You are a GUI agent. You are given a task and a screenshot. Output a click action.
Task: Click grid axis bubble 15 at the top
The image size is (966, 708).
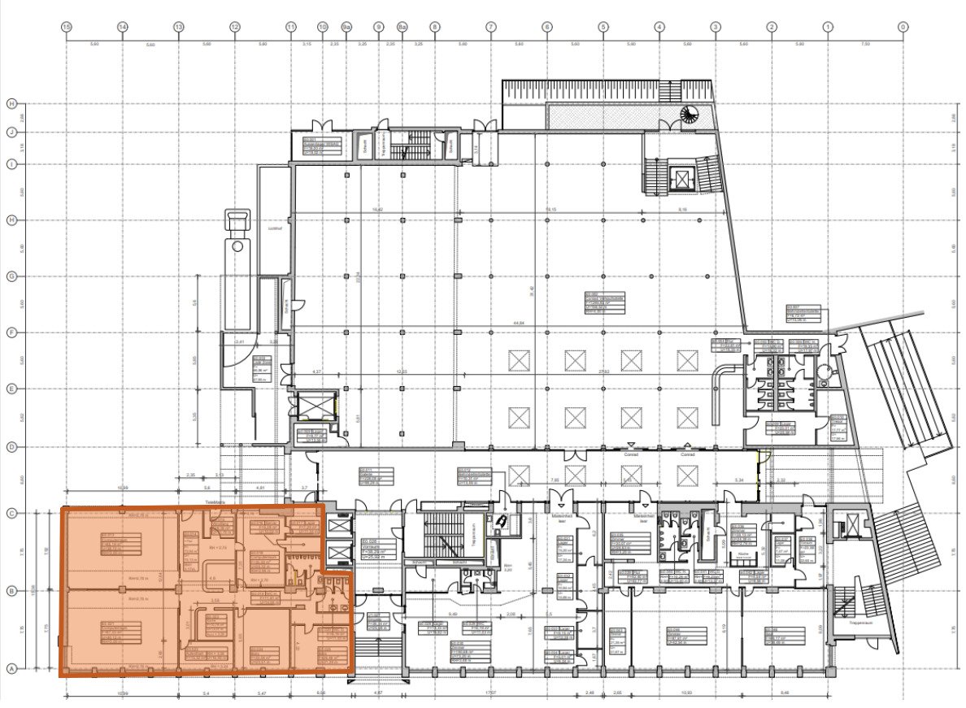(67, 27)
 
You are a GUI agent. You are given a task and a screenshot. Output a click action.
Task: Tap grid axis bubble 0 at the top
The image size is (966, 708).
(903, 27)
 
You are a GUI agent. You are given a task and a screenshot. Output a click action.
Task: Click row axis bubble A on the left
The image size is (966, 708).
(11, 668)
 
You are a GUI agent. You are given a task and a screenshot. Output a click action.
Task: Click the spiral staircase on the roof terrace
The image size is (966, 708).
(690, 115)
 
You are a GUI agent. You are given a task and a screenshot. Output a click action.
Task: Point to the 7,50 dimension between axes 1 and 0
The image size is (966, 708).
(864, 44)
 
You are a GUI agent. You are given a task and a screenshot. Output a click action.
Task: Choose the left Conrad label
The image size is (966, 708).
(575, 455)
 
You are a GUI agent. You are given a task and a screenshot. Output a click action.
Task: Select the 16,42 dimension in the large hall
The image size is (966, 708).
(376, 210)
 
